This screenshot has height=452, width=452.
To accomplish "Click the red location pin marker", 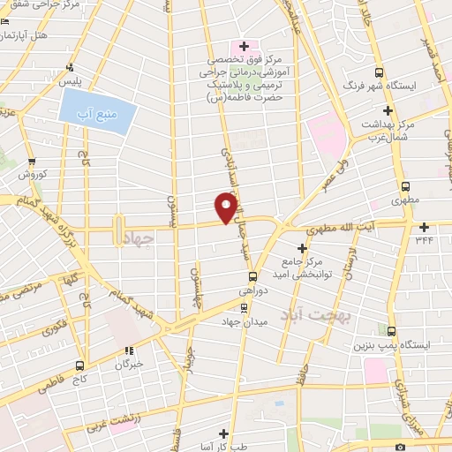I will [227, 208].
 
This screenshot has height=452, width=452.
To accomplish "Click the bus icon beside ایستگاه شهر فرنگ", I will [380, 72].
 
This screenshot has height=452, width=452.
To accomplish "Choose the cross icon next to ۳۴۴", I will [424, 227].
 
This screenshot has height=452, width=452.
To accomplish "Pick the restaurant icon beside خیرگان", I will [130, 348].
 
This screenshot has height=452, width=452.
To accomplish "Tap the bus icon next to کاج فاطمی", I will [80, 364].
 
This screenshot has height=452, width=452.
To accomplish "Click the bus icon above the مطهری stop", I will [406, 186].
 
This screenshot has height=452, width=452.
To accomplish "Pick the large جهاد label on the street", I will [140, 237].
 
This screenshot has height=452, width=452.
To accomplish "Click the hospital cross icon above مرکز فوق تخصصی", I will [245, 45].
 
